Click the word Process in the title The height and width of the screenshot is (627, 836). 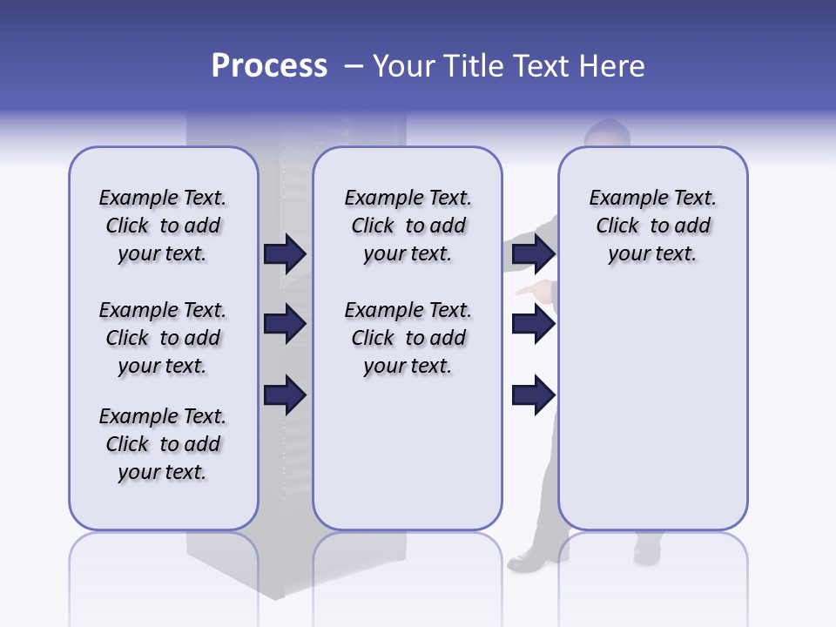(269, 66)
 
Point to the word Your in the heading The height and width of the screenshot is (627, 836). (407, 66)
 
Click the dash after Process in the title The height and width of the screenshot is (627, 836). (353, 67)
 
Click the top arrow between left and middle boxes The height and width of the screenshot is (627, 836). (285, 253)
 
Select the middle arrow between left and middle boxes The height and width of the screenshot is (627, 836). (285, 324)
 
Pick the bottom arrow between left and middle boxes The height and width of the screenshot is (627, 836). (285, 395)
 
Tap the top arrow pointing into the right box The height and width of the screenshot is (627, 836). (533, 253)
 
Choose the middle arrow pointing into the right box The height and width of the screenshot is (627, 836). (533, 324)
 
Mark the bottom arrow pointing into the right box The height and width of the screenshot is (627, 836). (533, 395)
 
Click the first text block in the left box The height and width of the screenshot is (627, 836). (163, 226)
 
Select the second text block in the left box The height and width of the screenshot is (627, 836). (163, 338)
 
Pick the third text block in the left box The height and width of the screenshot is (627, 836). (163, 444)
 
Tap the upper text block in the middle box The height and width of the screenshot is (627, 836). (408, 226)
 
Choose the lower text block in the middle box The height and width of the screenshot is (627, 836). (408, 338)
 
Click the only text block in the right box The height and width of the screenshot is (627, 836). (652, 226)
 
